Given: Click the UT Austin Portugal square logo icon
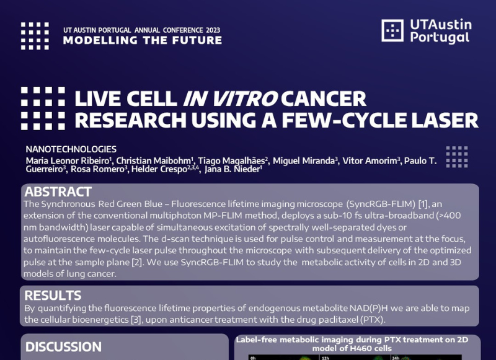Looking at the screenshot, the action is [392, 30].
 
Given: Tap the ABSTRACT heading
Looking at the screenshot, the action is [58, 192].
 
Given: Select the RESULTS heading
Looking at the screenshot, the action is [53, 296].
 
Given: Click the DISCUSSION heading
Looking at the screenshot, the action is [63, 347].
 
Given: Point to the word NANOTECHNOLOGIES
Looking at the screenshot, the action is [71, 149].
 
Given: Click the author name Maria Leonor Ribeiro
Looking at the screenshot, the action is [68, 160].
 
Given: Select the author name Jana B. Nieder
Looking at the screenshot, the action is [232, 169].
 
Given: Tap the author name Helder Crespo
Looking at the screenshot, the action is [159, 169].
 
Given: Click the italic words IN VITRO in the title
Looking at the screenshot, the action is [230, 99].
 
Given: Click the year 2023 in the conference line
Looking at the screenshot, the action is [213, 30].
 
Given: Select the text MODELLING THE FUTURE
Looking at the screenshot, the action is [143, 40].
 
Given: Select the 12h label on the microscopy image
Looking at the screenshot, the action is [325, 358].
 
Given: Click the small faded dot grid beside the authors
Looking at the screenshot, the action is [457, 157].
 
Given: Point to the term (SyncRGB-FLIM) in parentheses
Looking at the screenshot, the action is [381, 204].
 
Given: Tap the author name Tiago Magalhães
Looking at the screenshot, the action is [231, 160].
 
